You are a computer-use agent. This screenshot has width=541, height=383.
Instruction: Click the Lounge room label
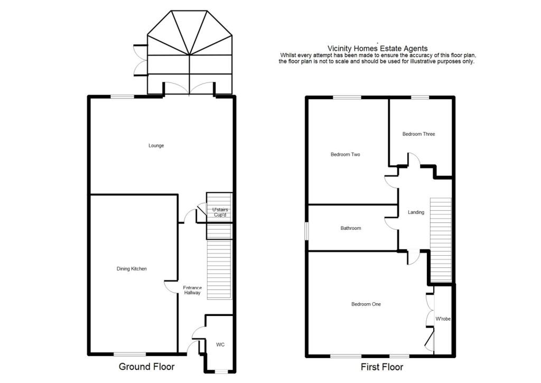[x=156, y=146]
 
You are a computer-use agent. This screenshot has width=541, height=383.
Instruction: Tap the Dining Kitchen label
[x=132, y=269]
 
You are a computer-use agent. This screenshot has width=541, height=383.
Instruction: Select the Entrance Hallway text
[x=192, y=290]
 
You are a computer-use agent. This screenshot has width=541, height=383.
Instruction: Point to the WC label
[x=220, y=344]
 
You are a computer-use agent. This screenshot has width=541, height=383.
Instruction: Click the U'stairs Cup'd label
[x=217, y=212]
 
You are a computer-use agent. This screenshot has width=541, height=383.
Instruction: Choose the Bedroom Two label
[x=345, y=155]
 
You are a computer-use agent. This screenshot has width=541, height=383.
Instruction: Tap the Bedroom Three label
[x=418, y=134]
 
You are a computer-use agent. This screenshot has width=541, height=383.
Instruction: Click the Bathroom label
[x=350, y=228]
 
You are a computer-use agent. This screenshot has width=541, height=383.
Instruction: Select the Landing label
[x=416, y=212]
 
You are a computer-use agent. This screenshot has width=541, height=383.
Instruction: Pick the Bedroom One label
[x=366, y=304]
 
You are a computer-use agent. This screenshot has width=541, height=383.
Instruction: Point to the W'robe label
[x=443, y=319]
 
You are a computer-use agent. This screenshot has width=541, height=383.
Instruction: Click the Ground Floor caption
[x=146, y=367]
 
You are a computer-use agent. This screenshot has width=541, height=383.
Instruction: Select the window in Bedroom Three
[x=420, y=97]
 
